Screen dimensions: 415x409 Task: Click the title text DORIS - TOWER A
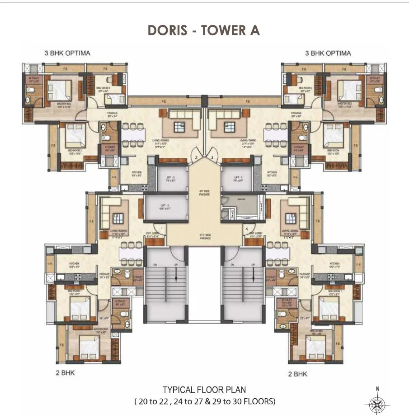point(204,30)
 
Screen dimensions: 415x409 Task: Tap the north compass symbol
point(378,402)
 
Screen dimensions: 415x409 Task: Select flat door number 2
point(196,157)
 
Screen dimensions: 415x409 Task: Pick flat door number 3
point(212,157)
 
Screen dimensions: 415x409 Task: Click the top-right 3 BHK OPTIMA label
point(328,53)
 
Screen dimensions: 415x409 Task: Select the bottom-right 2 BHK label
point(297,374)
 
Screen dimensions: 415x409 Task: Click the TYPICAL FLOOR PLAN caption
point(204,389)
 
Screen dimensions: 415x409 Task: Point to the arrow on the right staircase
point(253,274)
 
